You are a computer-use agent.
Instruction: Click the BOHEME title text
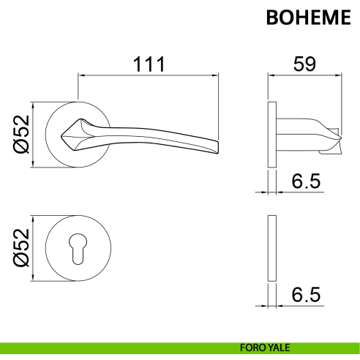[x=309, y=18]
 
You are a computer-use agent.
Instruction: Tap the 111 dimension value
[x=149, y=64]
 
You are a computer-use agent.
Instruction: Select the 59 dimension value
[x=304, y=64]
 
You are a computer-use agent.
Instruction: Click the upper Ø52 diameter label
[x=21, y=134]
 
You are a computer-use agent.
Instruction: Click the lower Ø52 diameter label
[x=21, y=248]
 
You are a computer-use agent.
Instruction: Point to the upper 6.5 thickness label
[x=306, y=181]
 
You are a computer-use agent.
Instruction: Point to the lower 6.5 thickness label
[x=306, y=295]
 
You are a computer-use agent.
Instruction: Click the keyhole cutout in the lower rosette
[x=78, y=249]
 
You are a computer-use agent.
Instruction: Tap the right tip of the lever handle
[x=218, y=148]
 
